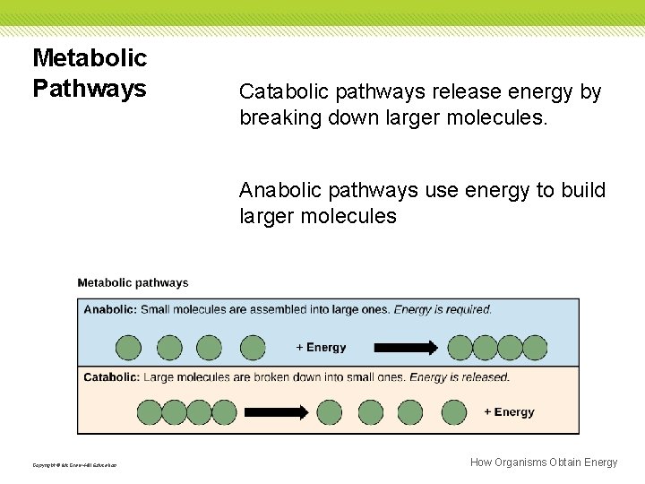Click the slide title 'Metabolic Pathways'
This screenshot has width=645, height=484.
90,73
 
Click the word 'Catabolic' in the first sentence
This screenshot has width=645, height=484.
278,92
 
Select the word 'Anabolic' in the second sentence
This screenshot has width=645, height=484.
277,191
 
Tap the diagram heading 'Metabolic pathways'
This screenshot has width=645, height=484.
133,283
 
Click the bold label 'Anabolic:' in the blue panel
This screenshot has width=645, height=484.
110,310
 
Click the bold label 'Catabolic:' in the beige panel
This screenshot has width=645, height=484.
111,377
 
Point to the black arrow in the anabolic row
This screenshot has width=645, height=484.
405,348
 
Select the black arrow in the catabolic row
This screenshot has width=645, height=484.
277,412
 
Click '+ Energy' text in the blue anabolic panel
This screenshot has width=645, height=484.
321,348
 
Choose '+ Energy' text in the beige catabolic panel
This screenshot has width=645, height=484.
509,412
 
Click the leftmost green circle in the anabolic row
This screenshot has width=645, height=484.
128,348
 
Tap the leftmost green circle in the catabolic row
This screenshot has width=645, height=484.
149,412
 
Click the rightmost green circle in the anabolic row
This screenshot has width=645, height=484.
535,348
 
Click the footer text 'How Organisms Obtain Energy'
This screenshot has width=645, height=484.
544,462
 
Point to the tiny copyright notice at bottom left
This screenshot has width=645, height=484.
74,464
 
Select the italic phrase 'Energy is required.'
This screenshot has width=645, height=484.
443,310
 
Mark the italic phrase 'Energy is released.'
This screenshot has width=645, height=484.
460,377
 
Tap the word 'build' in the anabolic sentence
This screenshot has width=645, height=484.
586,191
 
